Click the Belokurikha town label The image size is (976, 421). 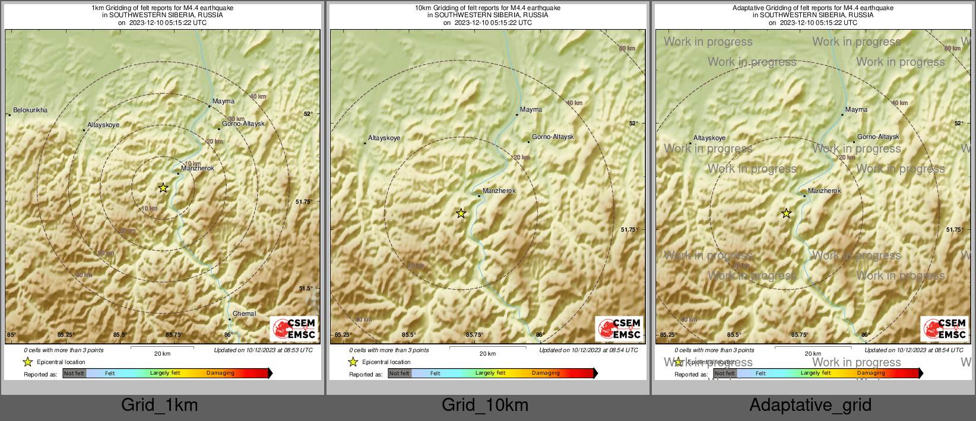(30, 110)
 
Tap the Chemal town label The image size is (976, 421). (244, 314)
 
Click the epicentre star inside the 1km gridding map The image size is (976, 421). (163, 188)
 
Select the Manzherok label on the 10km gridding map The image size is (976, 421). (499, 191)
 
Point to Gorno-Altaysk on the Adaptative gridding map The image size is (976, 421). (878, 137)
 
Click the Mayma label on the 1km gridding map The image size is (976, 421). (223, 101)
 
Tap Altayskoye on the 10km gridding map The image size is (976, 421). (384, 138)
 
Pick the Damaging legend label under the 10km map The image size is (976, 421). (545, 373)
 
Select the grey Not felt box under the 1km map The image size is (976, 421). (74, 373)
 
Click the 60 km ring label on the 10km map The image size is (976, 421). (627, 49)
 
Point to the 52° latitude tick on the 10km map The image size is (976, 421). (633, 123)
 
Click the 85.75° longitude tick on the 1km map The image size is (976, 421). (173, 335)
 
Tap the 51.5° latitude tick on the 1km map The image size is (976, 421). (305, 289)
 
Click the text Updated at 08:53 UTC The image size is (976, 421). (263, 350)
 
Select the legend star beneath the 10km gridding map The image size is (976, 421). (353, 362)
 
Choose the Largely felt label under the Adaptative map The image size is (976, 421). (815, 373)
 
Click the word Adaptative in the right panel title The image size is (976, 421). (748, 8)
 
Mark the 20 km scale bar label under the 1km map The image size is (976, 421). (162, 353)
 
